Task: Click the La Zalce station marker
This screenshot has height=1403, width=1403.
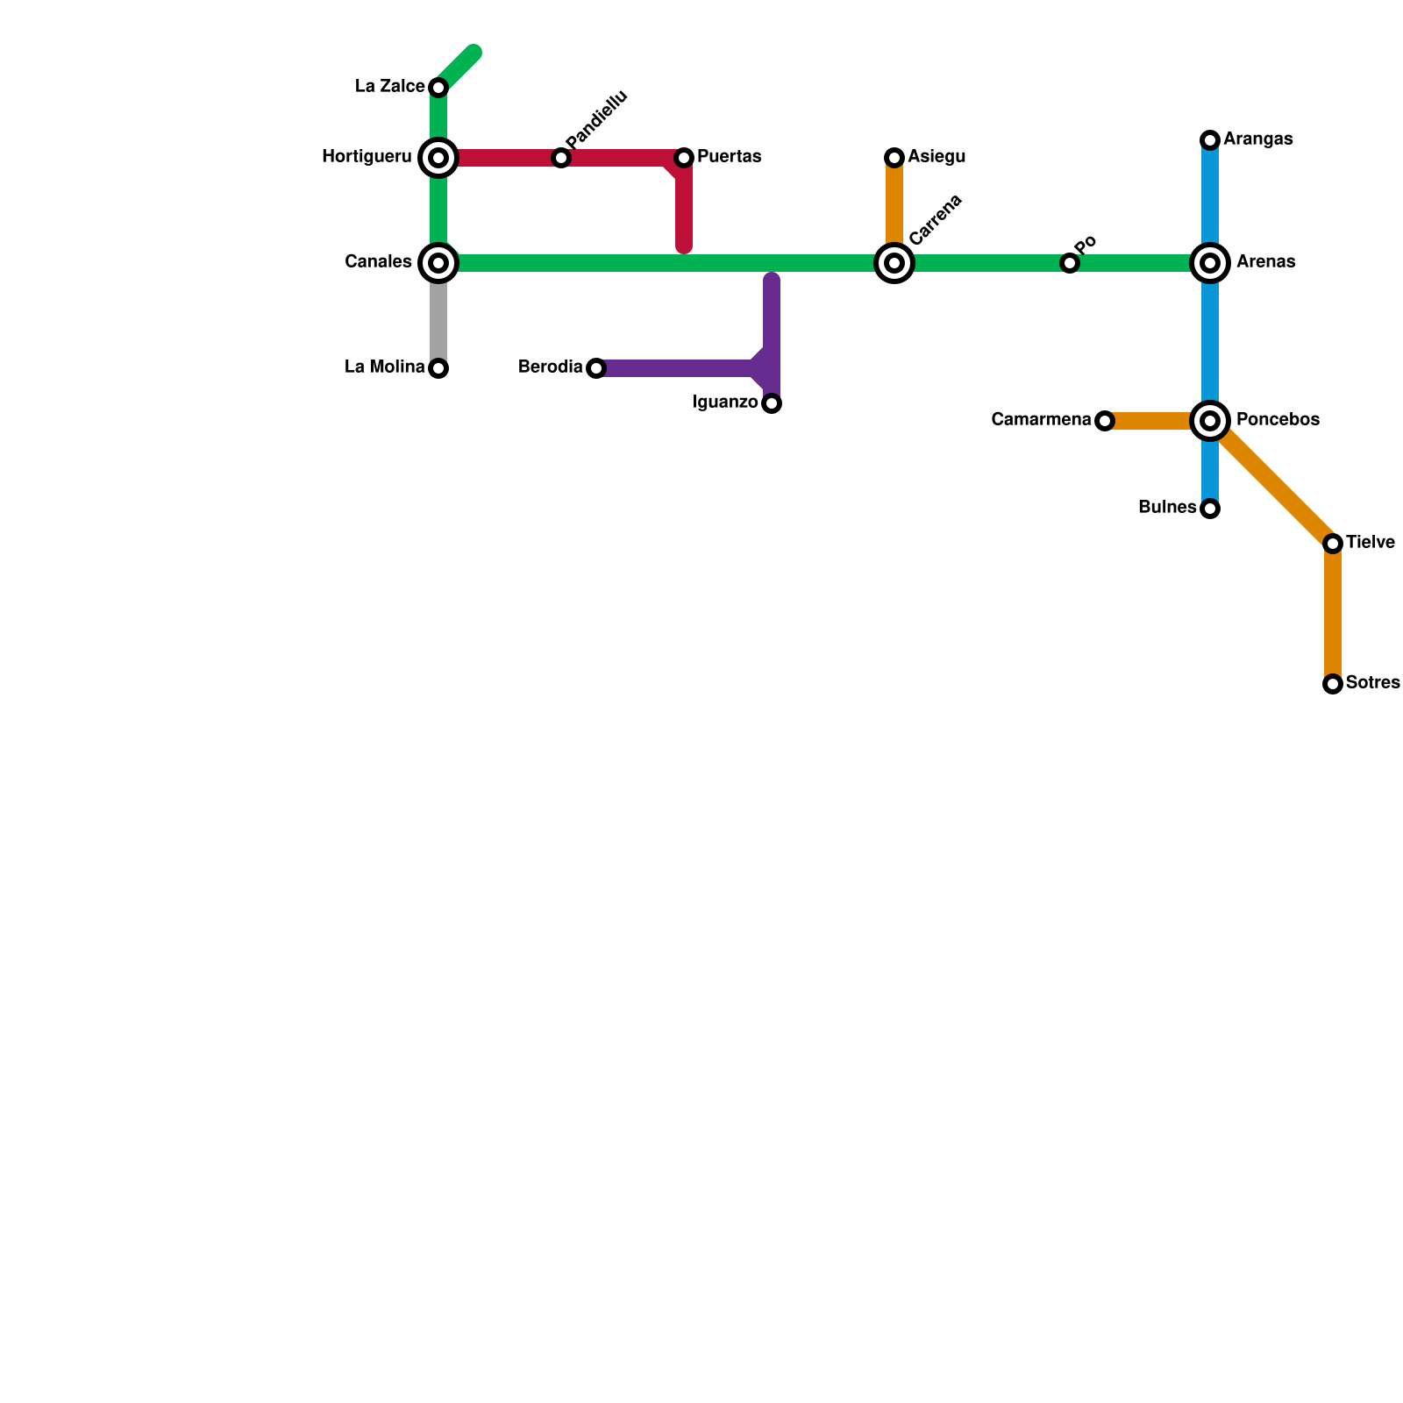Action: pyautogui.click(x=438, y=88)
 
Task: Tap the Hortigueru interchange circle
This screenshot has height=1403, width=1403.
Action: pyautogui.click(x=438, y=158)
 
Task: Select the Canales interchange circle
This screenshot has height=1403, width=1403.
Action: pyautogui.click(x=438, y=263)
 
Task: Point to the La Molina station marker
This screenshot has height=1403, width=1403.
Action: pyautogui.click(x=438, y=368)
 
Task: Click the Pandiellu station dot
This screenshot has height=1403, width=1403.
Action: pyautogui.click(x=561, y=158)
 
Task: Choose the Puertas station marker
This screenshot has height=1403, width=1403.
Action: pyautogui.click(x=684, y=158)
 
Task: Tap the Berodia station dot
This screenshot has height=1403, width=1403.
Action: pyautogui.click(x=596, y=368)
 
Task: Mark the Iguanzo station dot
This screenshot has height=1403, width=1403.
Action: pyautogui.click(x=772, y=403)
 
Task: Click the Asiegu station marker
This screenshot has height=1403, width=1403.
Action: pyautogui.click(x=894, y=158)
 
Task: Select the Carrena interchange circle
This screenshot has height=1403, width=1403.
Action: pyautogui.click(x=894, y=263)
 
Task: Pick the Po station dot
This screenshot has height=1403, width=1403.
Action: pyautogui.click(x=1069, y=263)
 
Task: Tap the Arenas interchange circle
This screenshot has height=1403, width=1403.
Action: pyautogui.click(x=1210, y=263)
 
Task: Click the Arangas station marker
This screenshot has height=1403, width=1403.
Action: pyautogui.click(x=1210, y=140)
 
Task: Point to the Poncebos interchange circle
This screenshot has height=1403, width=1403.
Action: pyautogui.click(x=1210, y=421)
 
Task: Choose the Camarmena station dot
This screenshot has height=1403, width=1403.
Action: pyautogui.click(x=1105, y=421)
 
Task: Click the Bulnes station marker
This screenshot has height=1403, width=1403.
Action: pyautogui.click(x=1210, y=509)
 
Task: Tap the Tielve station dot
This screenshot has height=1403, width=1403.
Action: pyautogui.click(x=1333, y=544)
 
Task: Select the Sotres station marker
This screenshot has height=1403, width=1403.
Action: pyautogui.click(x=1333, y=684)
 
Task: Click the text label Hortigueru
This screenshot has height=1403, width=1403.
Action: pyautogui.click(x=367, y=158)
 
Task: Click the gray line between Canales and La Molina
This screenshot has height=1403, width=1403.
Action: pyautogui.click(x=438, y=320)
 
